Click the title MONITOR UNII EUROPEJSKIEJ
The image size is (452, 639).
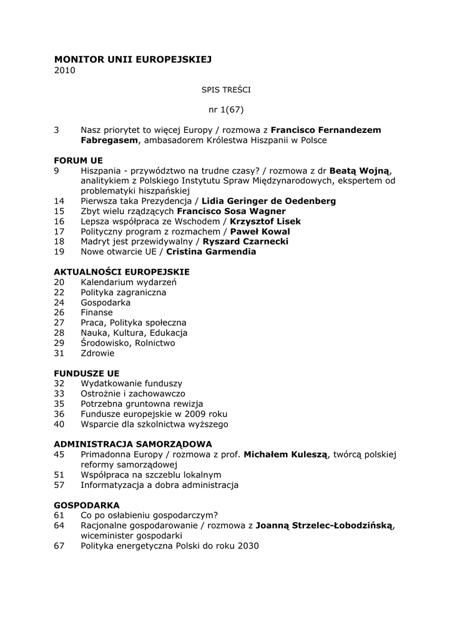pyautogui.click(x=133, y=59)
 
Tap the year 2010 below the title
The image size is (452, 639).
pyautogui.click(x=64, y=71)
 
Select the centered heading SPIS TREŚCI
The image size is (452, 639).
pyautogui.click(x=226, y=90)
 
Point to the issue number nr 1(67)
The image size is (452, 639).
pyautogui.click(x=226, y=110)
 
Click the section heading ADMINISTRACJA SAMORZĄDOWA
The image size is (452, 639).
pyautogui.click(x=133, y=444)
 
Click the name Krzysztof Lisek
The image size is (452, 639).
pyautogui.click(x=265, y=222)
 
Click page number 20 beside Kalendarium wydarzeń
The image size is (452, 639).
pyautogui.click(x=59, y=282)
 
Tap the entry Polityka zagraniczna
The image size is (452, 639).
pyautogui.click(x=124, y=292)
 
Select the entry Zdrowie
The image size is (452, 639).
pyautogui.click(x=97, y=353)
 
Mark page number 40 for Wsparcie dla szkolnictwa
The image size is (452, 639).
pyautogui.click(x=59, y=424)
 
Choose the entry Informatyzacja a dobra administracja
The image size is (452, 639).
pyautogui.click(x=160, y=485)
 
